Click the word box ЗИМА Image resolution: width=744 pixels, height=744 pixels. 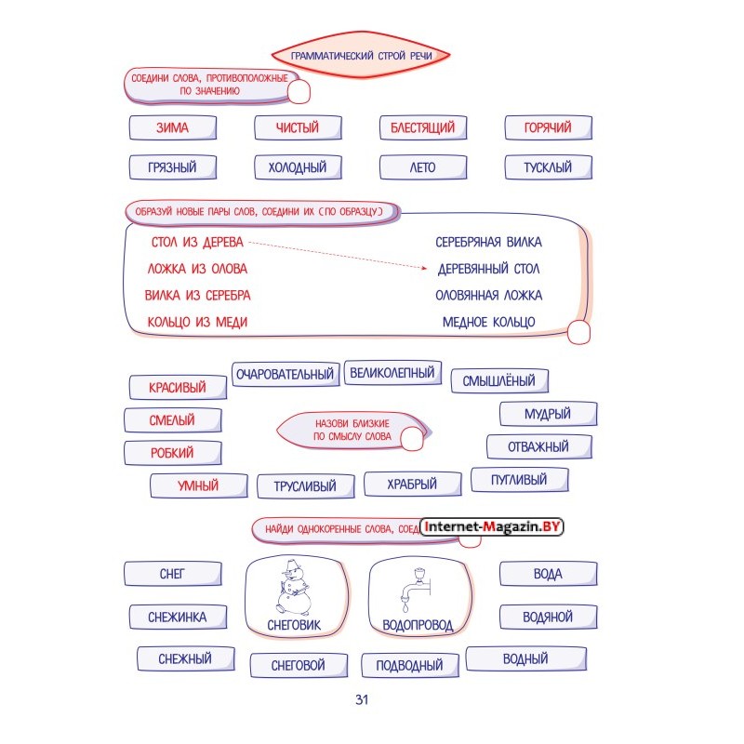173,127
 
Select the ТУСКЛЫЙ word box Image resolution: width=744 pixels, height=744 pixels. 548,167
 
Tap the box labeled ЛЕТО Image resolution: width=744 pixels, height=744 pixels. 423,167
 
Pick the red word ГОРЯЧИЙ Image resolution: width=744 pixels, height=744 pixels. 548,127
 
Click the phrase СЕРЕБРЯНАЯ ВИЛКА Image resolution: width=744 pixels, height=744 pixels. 489,243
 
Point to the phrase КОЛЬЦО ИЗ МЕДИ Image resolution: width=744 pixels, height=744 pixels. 197,322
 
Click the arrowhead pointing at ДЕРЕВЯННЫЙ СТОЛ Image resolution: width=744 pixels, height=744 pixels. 424,268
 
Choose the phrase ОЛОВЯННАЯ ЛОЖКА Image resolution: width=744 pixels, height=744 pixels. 489,296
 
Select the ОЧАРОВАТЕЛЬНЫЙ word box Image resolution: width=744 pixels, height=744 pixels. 286,375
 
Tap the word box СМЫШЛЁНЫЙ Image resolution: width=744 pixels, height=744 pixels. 499,381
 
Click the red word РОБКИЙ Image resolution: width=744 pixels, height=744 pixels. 172,453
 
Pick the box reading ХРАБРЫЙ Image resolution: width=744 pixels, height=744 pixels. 412,485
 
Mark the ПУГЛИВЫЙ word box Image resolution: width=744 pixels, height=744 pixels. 519,480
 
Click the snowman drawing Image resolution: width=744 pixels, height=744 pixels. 294,588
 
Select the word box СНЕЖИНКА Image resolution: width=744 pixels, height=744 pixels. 178,618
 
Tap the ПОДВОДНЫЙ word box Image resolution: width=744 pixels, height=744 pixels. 409,665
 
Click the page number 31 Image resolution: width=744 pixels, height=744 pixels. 362,699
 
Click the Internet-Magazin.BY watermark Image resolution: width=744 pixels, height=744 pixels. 492,526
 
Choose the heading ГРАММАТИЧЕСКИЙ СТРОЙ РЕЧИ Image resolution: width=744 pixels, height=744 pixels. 361,56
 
